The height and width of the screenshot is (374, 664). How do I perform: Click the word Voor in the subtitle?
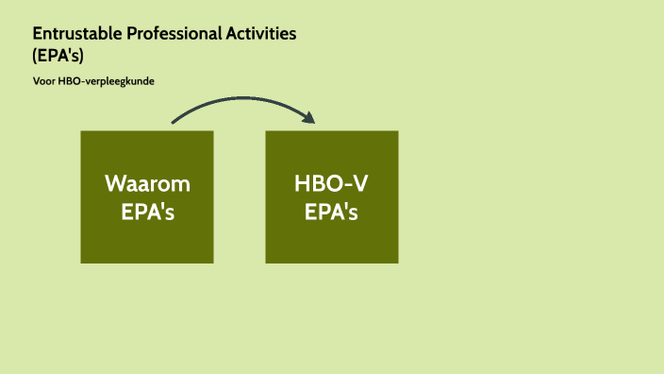tap(43, 81)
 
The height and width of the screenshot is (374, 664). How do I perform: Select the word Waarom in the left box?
tap(147, 183)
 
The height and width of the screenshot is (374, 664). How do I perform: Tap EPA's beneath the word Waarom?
tap(147, 212)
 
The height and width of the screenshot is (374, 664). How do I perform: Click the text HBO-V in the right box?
tap(332, 183)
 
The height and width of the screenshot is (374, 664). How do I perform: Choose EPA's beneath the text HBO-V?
tap(332, 212)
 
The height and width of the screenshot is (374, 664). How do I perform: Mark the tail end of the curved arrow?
tap(174, 122)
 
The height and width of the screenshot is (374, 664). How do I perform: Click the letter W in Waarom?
tap(115, 183)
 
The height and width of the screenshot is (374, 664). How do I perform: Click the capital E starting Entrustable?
tap(38, 33)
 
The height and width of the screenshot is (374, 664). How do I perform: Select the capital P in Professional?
tap(130, 33)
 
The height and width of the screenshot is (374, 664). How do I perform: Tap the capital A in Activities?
tap(230, 33)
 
